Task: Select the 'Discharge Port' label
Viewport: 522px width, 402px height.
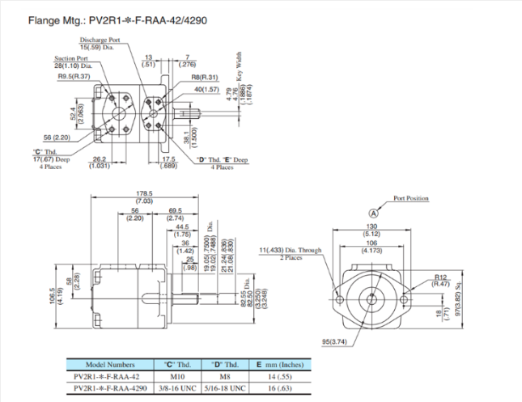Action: tap(100, 40)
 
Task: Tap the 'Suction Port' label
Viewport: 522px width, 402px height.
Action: tap(71, 58)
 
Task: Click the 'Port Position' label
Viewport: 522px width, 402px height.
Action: tap(411, 198)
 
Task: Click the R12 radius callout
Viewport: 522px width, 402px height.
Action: tap(440, 277)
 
